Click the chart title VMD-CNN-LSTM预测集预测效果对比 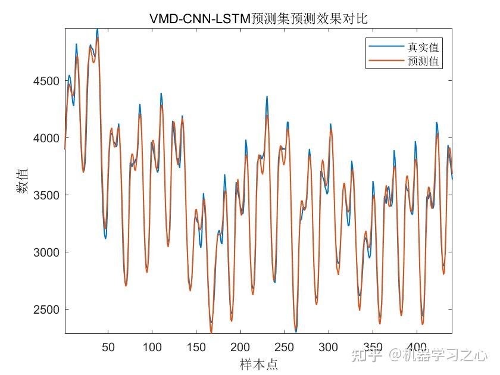pyautogui.click(x=258, y=18)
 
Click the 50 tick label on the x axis pyautogui.click(x=108, y=347)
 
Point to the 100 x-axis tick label pyautogui.click(x=152, y=347)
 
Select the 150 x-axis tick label pyautogui.click(x=196, y=347)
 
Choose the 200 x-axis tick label pyautogui.click(x=240, y=347)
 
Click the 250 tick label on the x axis pyautogui.click(x=285, y=347)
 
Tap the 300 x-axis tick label pyautogui.click(x=329, y=347)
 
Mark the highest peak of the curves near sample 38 pyautogui.click(x=98, y=30)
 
